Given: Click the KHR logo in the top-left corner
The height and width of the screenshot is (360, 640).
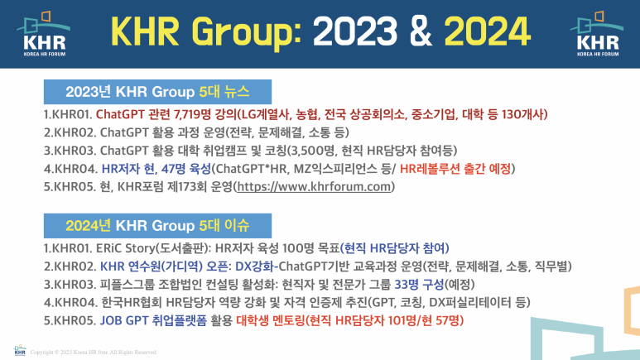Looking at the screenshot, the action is (x=44, y=34).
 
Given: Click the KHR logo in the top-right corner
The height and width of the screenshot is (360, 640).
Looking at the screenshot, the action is (x=597, y=34).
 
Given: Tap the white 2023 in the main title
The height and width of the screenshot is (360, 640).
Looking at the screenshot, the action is (x=354, y=31).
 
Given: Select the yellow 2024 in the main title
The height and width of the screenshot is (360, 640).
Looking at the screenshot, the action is (x=487, y=31).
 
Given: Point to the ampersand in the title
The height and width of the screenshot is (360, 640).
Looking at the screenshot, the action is (x=421, y=31).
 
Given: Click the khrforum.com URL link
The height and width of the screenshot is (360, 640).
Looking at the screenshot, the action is (x=315, y=187).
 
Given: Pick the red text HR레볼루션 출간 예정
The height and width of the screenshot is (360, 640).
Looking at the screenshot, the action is (x=455, y=169).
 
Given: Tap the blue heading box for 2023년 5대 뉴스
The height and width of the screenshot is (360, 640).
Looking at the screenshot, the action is (x=157, y=92).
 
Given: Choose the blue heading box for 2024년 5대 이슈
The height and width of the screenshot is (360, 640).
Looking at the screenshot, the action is (x=157, y=226).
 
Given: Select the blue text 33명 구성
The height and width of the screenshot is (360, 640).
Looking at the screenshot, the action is (x=419, y=285).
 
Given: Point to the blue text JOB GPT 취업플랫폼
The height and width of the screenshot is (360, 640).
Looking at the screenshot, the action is (x=153, y=320).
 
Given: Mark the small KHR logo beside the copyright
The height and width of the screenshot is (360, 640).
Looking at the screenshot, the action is (x=20, y=350).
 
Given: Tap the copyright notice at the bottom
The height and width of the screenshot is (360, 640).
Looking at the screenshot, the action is (x=94, y=353).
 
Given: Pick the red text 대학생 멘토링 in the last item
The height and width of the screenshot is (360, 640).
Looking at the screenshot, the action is (x=271, y=320).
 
